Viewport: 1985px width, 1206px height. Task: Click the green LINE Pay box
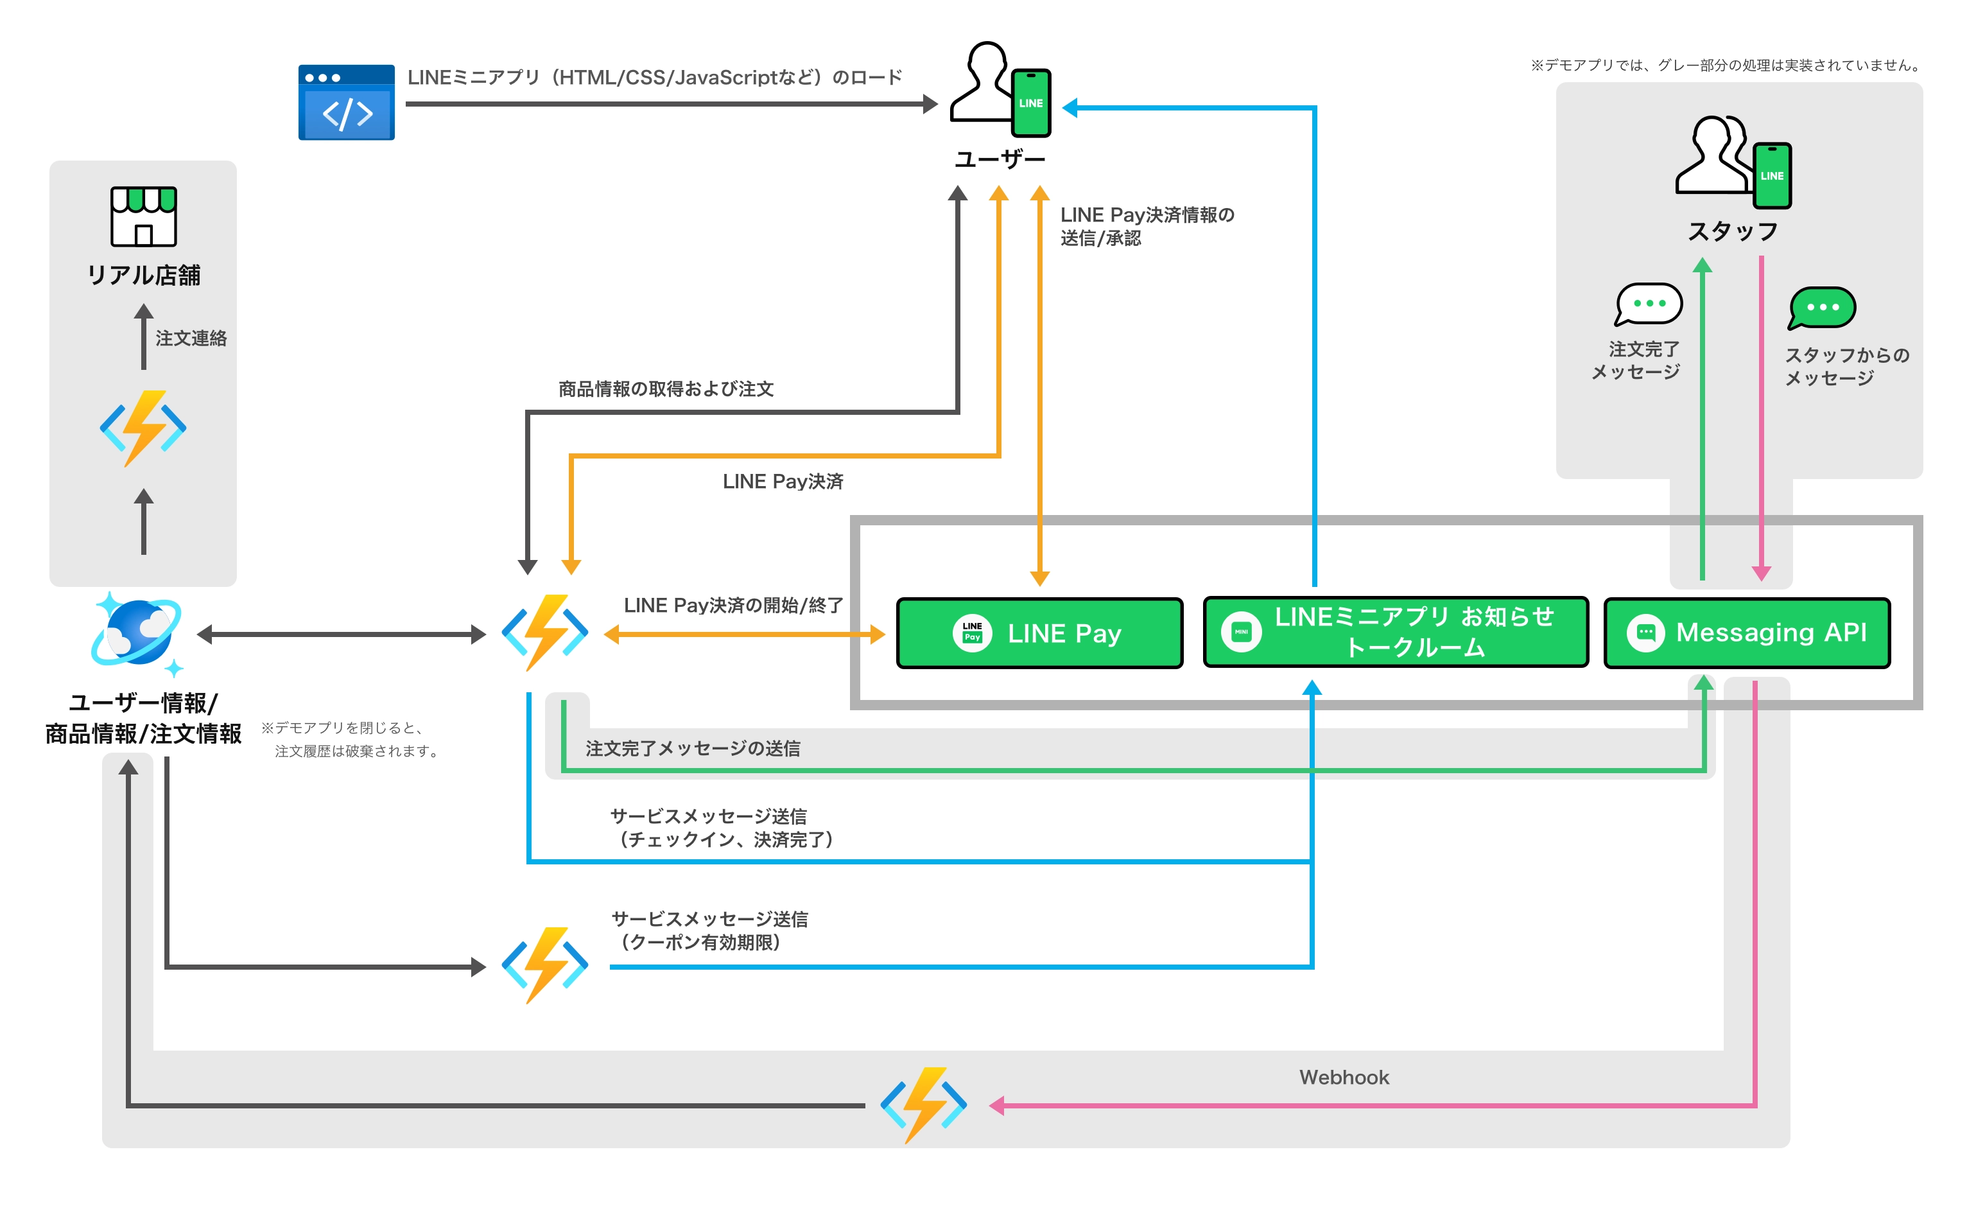[1039, 633]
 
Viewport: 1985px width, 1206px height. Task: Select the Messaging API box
[1747, 633]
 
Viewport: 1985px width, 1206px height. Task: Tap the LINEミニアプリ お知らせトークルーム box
[1395, 633]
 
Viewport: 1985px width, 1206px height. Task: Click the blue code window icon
[347, 102]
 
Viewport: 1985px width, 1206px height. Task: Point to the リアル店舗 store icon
[143, 216]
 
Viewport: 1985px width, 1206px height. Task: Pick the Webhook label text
[1344, 1077]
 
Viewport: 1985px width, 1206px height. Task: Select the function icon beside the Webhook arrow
[923, 1105]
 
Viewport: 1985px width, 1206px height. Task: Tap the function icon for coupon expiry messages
[544, 965]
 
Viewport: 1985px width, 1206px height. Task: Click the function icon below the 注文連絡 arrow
[143, 428]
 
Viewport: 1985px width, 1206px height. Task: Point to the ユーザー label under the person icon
[999, 159]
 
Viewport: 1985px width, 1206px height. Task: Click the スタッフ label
[1733, 232]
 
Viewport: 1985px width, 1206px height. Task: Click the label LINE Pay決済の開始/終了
[733, 605]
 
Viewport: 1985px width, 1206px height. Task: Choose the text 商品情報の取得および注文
[666, 389]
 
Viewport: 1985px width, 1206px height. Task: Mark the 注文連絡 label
[191, 338]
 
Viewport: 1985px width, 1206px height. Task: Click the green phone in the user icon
[1030, 103]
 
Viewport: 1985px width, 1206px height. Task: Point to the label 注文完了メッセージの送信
[692, 748]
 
